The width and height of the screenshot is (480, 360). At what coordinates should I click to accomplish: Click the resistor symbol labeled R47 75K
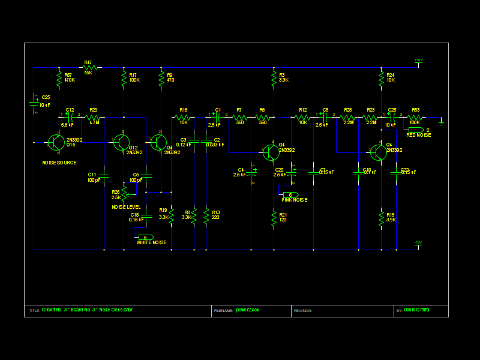[88, 68]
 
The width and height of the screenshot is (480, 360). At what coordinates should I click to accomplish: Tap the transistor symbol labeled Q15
[56, 143]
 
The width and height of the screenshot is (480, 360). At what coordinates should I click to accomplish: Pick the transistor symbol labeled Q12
[121, 143]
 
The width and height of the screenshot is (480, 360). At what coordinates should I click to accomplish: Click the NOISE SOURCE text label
[59, 163]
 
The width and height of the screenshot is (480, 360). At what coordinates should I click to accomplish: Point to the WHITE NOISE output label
[151, 242]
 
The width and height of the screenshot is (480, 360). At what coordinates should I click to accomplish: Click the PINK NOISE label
[295, 200]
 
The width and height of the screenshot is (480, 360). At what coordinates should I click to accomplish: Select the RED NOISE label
[418, 135]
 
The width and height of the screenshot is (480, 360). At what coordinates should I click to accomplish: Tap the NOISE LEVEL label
[126, 207]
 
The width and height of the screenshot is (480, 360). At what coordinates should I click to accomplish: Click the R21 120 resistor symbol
[274, 218]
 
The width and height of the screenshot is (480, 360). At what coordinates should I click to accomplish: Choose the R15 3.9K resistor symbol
[381, 218]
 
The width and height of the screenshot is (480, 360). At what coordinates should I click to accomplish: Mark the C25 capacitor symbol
[34, 104]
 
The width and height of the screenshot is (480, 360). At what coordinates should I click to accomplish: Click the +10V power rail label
[418, 60]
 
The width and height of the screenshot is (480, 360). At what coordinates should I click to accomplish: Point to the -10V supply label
[418, 242]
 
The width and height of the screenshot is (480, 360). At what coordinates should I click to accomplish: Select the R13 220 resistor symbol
[206, 215]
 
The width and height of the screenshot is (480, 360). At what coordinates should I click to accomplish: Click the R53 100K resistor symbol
[415, 118]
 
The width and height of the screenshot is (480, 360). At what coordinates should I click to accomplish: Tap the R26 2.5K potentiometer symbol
[124, 192]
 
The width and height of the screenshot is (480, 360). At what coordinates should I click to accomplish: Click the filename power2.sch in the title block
[248, 310]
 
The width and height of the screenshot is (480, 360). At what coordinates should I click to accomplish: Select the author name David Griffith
[417, 310]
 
